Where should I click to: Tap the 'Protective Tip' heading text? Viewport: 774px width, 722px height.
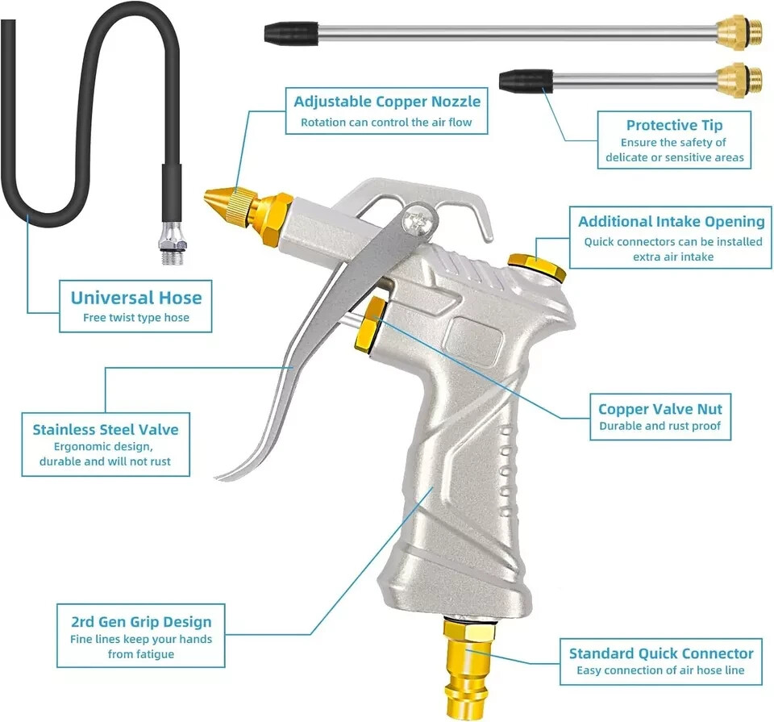pyautogui.click(x=674, y=125)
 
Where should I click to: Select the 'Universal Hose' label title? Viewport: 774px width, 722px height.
pyautogui.click(x=135, y=298)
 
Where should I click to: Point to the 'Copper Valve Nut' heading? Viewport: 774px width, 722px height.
pyautogui.click(x=660, y=409)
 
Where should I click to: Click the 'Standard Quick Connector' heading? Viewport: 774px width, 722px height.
pyautogui.click(x=660, y=653)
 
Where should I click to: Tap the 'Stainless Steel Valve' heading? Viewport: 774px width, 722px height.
pyautogui.click(x=105, y=429)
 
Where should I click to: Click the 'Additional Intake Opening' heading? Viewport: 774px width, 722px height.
pyautogui.click(x=671, y=222)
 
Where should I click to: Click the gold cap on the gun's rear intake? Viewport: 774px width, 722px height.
pyautogui.click(x=537, y=266)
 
